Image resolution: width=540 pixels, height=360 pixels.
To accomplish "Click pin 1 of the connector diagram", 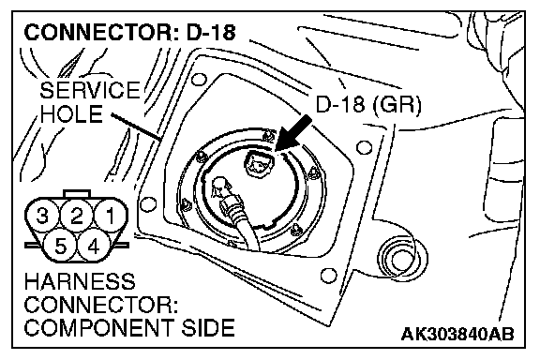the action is click(111, 217).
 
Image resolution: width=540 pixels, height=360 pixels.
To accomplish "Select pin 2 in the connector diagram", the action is click(77, 217).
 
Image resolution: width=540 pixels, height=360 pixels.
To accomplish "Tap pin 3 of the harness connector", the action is click(42, 217).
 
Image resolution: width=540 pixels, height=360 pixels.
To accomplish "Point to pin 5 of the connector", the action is click(60, 246).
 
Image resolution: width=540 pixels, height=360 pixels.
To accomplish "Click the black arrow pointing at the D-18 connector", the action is click(293, 133).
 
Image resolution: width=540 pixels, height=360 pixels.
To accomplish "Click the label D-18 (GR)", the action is click(368, 105).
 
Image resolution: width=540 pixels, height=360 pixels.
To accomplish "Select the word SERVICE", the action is click(90, 90).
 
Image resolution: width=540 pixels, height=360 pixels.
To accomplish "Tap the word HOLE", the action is click(71, 113).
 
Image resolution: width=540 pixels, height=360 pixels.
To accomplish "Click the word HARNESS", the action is click(80, 281).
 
